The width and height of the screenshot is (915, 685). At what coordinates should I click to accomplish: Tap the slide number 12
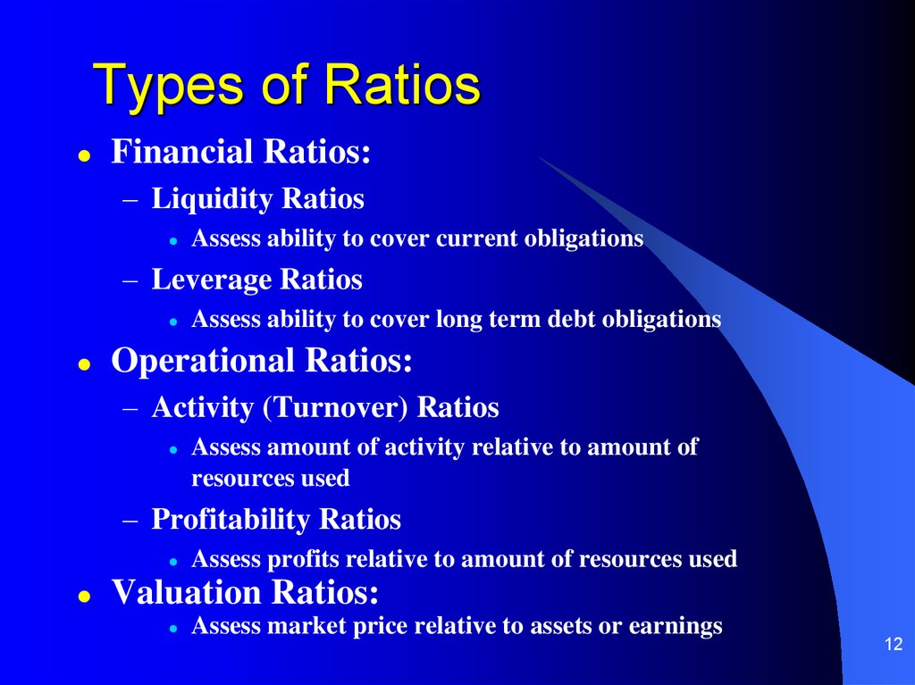(891, 645)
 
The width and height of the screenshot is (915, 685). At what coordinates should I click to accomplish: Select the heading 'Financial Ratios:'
(240, 153)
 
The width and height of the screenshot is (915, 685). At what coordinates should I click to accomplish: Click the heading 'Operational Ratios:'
(262, 362)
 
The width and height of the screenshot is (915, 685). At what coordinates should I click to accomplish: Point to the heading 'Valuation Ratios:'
(245, 592)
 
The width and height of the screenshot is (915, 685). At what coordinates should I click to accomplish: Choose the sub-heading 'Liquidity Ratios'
(257, 198)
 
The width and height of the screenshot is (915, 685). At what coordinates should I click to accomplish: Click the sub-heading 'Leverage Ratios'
(256, 280)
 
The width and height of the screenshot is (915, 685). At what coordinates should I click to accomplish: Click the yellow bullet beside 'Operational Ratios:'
(83, 364)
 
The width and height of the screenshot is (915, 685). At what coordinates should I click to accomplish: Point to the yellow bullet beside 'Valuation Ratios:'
(83, 595)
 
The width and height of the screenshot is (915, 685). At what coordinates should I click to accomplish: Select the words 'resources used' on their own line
(270, 479)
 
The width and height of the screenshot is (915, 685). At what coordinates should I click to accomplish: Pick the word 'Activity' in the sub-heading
(203, 408)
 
